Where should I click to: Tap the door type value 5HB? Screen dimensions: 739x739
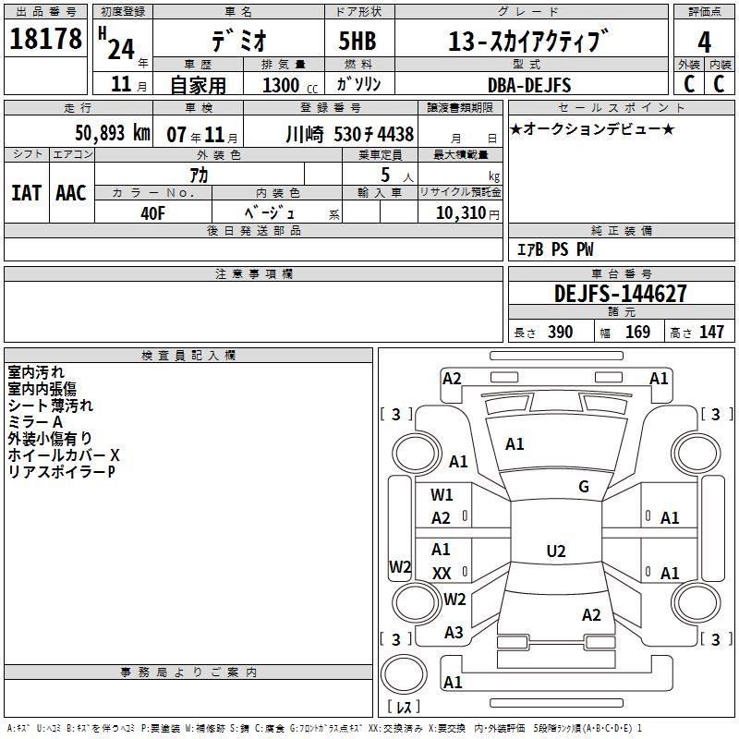tap(359, 42)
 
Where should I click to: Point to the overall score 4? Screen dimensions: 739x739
tap(704, 42)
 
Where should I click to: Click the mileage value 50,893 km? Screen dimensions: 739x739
tap(112, 132)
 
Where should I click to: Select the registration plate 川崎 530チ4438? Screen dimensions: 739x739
tap(349, 133)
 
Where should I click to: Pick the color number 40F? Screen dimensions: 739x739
tap(152, 212)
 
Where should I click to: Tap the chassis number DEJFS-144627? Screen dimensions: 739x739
tap(620, 294)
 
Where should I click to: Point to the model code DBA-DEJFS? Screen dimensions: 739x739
tap(529, 85)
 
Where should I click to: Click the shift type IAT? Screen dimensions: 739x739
tap(26, 193)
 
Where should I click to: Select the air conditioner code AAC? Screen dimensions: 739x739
tap(71, 193)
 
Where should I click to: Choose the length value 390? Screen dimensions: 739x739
tap(560, 333)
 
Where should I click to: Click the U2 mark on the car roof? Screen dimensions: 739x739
tap(555, 551)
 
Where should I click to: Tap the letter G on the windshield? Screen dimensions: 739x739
tap(583, 487)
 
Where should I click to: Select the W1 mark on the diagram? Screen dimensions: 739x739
tap(442, 494)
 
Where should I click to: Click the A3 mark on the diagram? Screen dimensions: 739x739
tap(454, 633)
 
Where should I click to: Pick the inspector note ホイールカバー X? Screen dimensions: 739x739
tap(64, 455)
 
